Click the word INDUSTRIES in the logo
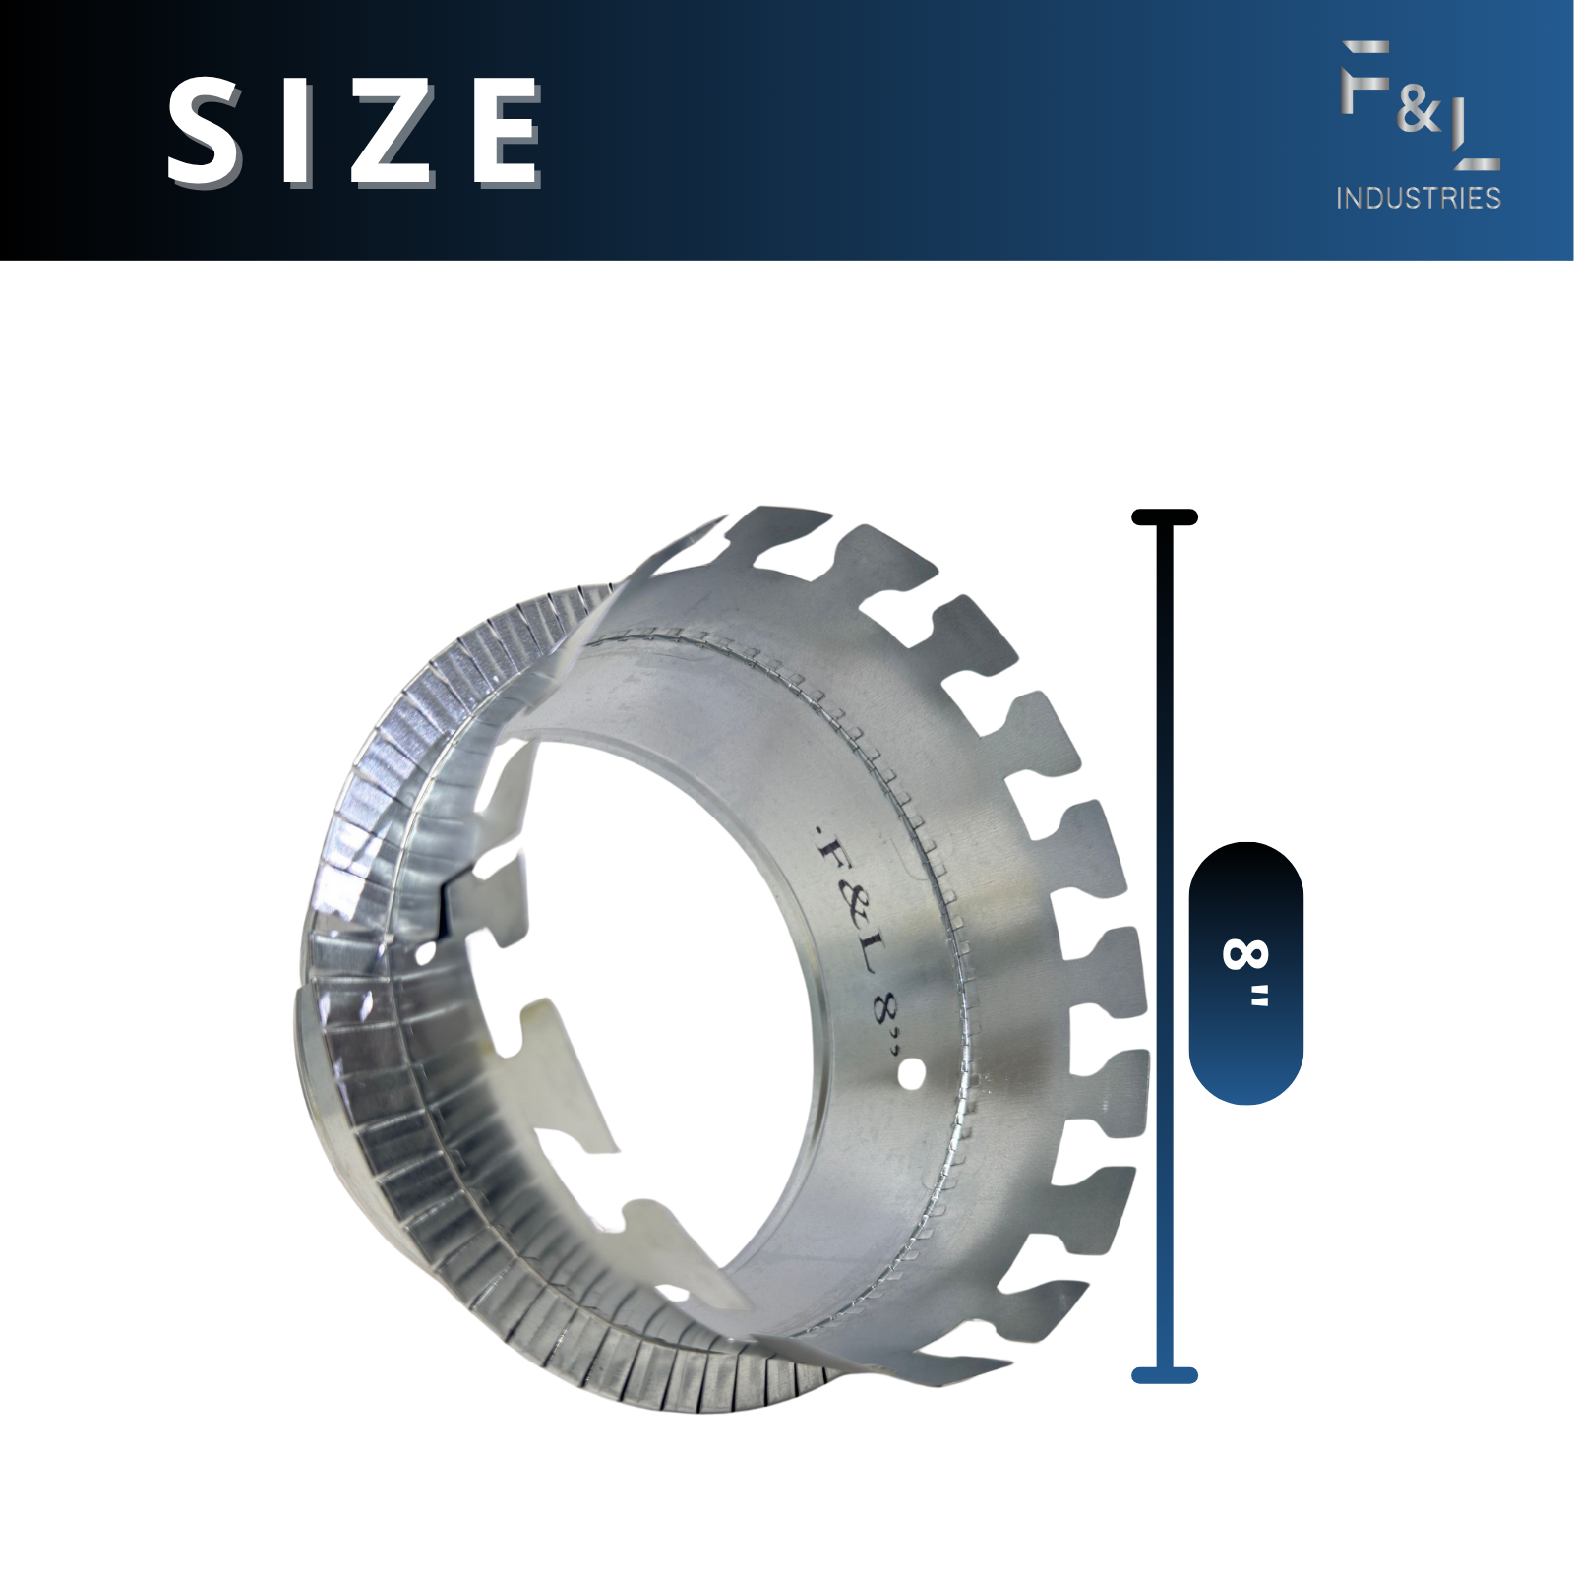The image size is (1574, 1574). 1418,198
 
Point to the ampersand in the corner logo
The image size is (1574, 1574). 1418,110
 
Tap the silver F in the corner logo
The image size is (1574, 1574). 1364,76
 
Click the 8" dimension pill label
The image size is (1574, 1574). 1246,973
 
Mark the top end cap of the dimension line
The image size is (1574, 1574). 1165,517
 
